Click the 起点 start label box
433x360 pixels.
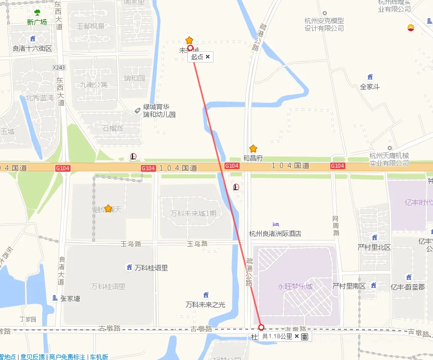point(197,57)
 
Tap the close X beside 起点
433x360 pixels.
point(207,57)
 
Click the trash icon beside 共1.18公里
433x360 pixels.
point(305,337)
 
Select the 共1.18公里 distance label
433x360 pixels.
point(277,336)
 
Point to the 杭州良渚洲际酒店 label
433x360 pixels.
point(275,234)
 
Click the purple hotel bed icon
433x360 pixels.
point(275,224)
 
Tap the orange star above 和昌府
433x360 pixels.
point(253,149)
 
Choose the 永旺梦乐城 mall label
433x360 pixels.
point(295,286)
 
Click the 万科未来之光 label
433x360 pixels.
point(205,304)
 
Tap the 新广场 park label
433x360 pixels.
point(37,22)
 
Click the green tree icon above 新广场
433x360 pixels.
point(37,13)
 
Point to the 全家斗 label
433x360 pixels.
point(370,87)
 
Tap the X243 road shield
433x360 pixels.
point(59,67)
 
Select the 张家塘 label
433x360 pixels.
point(70,298)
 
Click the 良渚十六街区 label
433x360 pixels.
point(32,48)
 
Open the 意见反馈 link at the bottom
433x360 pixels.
point(32,357)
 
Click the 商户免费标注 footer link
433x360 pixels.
point(67,357)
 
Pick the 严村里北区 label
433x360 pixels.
point(374,247)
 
